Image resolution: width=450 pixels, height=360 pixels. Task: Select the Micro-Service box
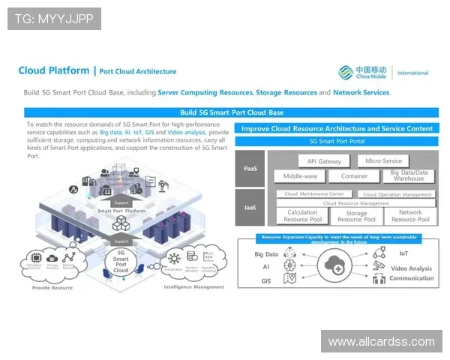coord(383,160)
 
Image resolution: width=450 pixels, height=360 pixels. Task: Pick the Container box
coord(354,177)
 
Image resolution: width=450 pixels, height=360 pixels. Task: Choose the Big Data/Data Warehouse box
coord(408,176)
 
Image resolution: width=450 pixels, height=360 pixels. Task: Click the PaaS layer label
coord(250,169)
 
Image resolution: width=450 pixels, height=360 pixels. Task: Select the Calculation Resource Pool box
coord(303,216)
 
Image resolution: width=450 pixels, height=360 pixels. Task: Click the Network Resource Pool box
coord(409,216)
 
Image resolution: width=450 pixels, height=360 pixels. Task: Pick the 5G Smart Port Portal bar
coord(337,141)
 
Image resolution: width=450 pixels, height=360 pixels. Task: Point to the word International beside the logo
coord(412,73)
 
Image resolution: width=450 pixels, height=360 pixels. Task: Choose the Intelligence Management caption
coord(194,287)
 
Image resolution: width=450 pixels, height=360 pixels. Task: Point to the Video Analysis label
coord(411,268)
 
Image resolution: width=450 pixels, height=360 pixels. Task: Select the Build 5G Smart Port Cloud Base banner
coord(231,112)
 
